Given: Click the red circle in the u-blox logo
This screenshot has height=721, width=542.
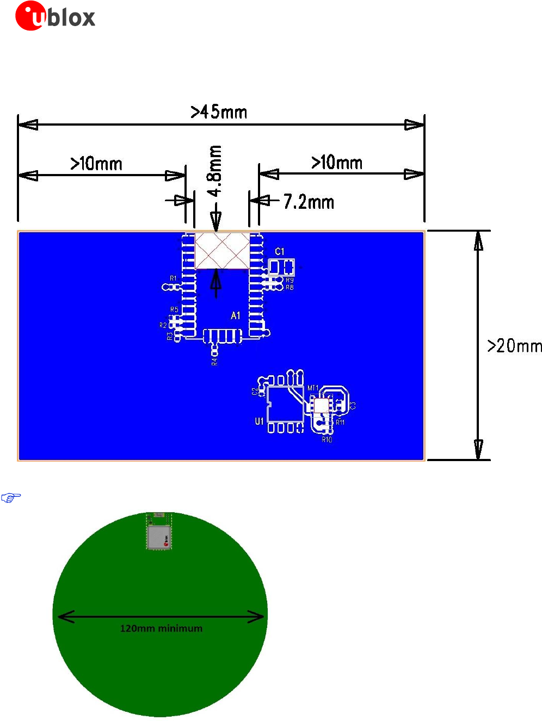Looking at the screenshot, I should tap(30, 16).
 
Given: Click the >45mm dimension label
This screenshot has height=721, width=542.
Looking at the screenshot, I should tap(219, 112).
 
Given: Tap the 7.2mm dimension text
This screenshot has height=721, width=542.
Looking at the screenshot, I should tap(309, 202).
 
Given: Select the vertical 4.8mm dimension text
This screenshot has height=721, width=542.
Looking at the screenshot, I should tap(215, 171).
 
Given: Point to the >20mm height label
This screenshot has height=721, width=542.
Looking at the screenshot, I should tap(514, 346).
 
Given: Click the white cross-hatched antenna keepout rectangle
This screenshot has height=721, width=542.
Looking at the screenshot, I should tap(222, 251).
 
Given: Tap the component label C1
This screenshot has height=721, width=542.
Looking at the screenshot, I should tap(279, 251).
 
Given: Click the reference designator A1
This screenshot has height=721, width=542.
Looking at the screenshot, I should tap(235, 316).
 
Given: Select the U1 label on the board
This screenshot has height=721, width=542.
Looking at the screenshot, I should tap(259, 421).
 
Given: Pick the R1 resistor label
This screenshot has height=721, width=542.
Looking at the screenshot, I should tap(173, 278).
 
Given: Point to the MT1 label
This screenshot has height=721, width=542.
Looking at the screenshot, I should tap(313, 388).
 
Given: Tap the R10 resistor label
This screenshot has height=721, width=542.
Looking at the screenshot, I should tap(327, 440).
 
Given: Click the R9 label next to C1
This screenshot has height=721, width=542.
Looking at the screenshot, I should tap(290, 281).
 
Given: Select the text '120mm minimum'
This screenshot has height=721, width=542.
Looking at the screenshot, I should tap(161, 629).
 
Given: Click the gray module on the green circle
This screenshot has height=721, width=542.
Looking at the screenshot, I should tap(159, 537).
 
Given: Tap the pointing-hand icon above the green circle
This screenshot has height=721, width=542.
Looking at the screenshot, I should tap(11, 497).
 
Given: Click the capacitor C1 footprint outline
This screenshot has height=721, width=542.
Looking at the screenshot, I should tap(281, 267).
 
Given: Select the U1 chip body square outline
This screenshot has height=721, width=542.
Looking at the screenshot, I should tap(285, 404).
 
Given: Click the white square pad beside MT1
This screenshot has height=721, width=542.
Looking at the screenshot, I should tap(321, 406).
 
